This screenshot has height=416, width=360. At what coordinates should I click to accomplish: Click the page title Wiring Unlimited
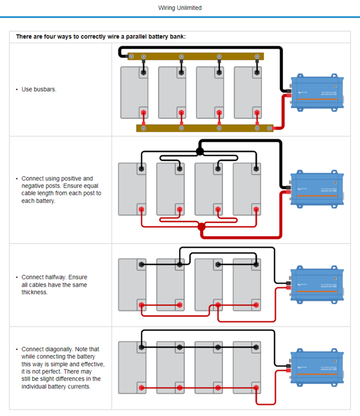click(x=180, y=8)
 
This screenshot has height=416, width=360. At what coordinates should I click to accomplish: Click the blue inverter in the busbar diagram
click(x=317, y=93)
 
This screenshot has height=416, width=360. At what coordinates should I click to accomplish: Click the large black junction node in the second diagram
click(x=200, y=151)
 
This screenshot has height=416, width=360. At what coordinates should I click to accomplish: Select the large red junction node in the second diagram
click(x=202, y=226)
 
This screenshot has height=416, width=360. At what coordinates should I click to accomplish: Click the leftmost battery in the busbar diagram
click(x=134, y=93)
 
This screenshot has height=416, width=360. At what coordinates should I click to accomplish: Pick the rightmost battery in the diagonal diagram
click(x=247, y=368)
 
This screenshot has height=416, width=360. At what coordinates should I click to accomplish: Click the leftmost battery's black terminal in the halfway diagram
click(x=142, y=265)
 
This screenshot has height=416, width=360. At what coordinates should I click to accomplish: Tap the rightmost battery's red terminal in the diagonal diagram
click(x=256, y=388)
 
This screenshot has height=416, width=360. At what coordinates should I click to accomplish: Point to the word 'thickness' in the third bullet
click(x=34, y=292)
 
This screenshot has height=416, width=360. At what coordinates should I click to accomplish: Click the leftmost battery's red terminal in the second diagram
click(x=141, y=210)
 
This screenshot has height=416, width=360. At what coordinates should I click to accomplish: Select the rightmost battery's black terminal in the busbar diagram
click(x=257, y=72)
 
